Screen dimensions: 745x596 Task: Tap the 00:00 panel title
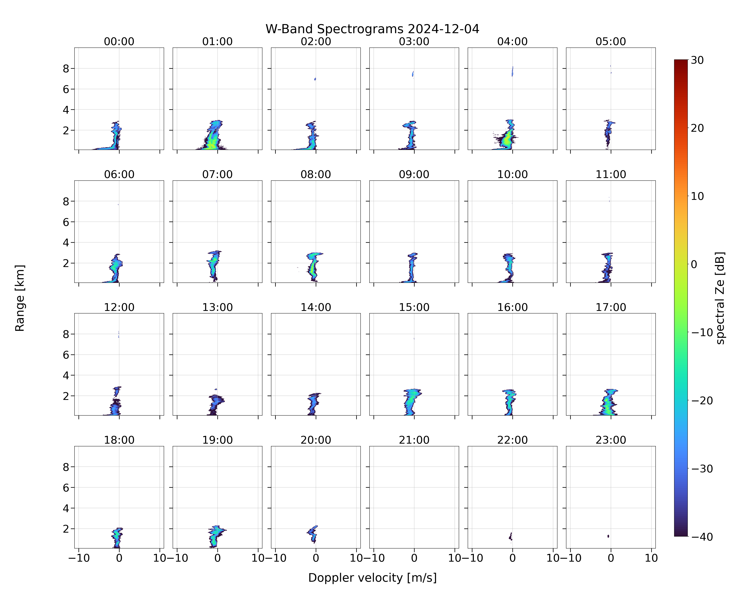119,42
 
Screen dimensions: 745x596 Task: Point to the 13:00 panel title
217,307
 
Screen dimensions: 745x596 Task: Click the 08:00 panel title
316,174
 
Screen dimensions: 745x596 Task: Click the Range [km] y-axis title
20,298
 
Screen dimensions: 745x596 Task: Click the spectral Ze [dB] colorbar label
720,298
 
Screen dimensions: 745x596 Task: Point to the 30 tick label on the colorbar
697,60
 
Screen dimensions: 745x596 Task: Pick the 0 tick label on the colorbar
694,264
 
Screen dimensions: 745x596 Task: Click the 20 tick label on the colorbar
697,128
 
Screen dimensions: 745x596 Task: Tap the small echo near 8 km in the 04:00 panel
512,71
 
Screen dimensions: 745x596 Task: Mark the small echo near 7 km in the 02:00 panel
315,79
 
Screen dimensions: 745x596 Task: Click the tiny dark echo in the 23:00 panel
608,536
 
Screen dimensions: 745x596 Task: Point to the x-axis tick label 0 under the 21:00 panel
414,558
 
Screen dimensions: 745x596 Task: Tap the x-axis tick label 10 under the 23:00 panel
651,558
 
